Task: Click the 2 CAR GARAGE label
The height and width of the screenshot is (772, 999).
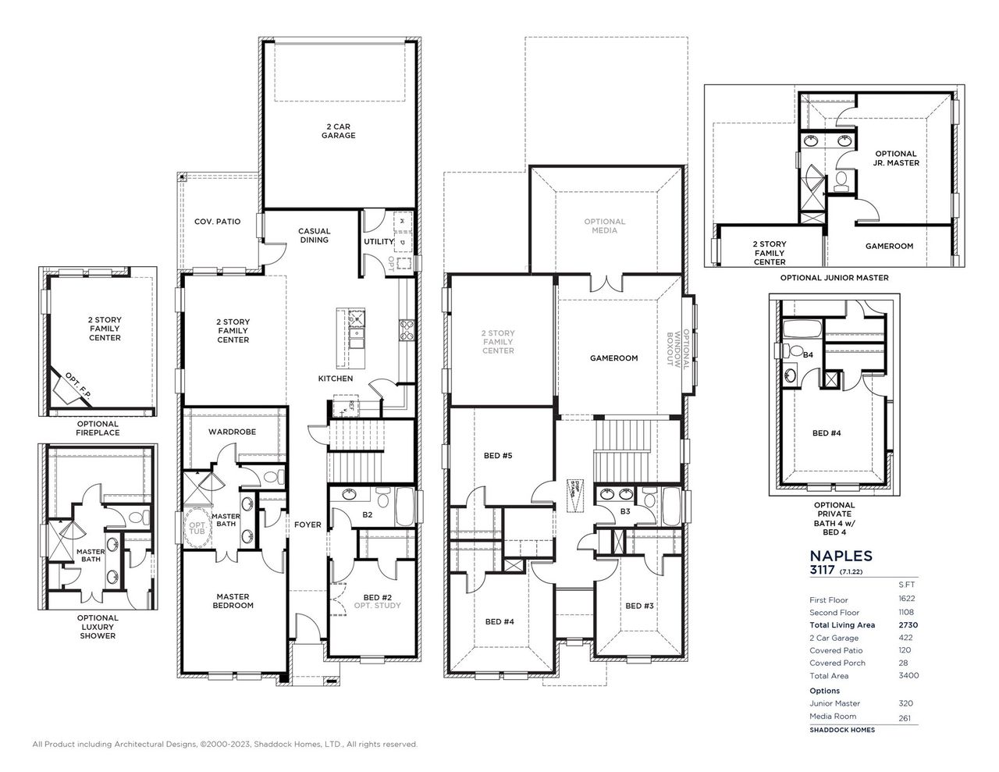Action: [338, 130]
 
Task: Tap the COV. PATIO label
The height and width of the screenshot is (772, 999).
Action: [217, 222]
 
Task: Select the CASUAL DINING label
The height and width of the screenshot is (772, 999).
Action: [314, 236]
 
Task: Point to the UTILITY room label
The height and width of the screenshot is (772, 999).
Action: [379, 242]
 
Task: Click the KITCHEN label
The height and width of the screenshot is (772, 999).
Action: [335, 379]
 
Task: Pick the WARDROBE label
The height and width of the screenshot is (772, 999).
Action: [232, 432]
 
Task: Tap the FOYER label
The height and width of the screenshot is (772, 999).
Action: [308, 525]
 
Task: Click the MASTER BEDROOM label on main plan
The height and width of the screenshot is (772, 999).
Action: [233, 600]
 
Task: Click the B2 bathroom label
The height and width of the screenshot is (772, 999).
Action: [366, 515]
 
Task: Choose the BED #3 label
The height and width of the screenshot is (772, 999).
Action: [638, 606]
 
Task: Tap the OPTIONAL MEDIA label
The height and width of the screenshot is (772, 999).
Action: [604, 226]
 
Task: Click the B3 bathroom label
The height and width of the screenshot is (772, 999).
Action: [625, 511]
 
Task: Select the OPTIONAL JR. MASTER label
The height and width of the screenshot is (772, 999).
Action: [895, 158]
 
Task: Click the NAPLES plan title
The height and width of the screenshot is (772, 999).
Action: [841, 556]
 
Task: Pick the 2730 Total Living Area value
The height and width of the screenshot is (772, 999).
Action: [907, 625]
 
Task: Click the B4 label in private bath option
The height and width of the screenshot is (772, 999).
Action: [808, 355]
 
